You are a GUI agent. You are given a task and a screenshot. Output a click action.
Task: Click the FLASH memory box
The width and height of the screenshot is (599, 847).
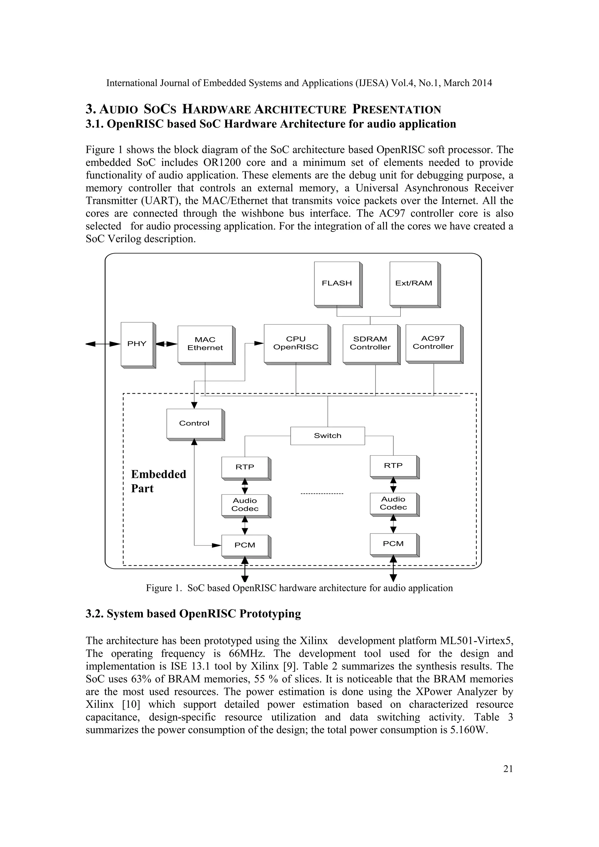pyautogui.click(x=337, y=283)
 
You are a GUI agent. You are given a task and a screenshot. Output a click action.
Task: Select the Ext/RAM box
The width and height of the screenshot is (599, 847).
pyautogui.click(x=414, y=283)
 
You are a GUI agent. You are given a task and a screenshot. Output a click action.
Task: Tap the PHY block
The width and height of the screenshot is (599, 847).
pyautogui.click(x=137, y=344)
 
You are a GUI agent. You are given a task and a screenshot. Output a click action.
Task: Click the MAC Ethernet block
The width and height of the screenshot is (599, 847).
pyautogui.click(x=205, y=344)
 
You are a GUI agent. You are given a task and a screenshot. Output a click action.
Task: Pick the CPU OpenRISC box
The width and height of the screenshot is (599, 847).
pyautogui.click(x=296, y=343)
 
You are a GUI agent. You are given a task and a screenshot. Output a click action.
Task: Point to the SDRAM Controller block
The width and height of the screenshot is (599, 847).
pyautogui.click(x=370, y=343)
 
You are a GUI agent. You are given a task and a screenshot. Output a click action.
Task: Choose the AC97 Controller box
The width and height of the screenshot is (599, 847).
pyautogui.click(x=433, y=343)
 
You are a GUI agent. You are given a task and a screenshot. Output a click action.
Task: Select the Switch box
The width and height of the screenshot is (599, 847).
pyautogui.click(x=328, y=436)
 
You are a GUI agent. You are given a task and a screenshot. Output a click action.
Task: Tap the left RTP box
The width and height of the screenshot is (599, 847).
pyautogui.click(x=245, y=467)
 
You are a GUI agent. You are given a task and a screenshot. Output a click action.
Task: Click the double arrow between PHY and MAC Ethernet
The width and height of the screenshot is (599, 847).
pyautogui.click(x=167, y=344)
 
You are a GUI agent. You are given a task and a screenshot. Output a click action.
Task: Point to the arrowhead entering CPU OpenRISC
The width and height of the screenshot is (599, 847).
pyautogui.click(x=259, y=343)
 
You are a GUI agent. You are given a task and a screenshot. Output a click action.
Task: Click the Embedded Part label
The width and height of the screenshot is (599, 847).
pyautogui.click(x=158, y=481)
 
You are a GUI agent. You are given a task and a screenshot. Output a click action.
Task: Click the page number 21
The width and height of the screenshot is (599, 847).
pyautogui.click(x=508, y=769)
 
